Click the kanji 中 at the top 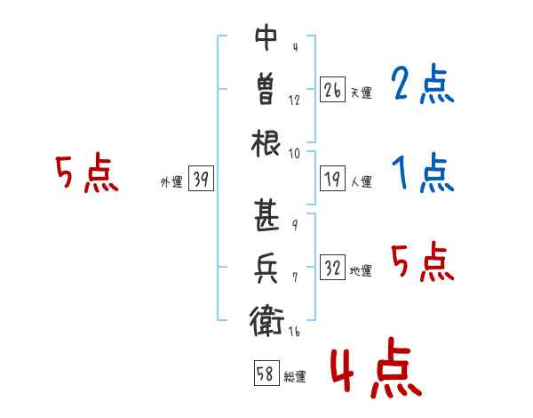click(x=266, y=37)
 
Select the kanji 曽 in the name click(x=266, y=89)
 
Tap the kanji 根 click(x=266, y=143)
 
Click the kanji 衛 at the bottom click(x=266, y=321)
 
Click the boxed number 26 click(x=332, y=90)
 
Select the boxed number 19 click(x=332, y=179)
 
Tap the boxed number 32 click(x=332, y=268)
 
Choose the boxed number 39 click(x=201, y=179)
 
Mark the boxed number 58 click(x=266, y=373)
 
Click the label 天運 click(x=362, y=92)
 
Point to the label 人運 click(x=362, y=181)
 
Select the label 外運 click(x=171, y=181)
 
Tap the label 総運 click(x=295, y=376)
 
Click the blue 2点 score click(x=422, y=84)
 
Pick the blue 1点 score click(x=423, y=173)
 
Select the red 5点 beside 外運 click(x=87, y=173)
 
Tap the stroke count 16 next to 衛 click(x=294, y=331)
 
